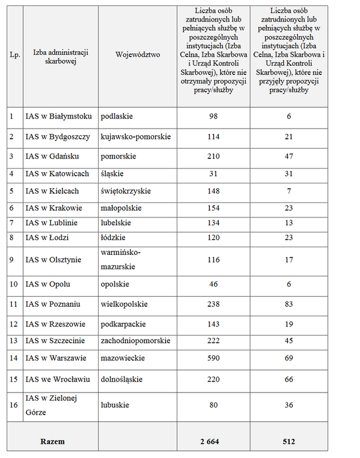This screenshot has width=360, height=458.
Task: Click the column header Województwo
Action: tap(138, 55)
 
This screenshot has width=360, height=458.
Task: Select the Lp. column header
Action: tap(15, 55)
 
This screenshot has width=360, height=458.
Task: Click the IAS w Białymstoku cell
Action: tap(58, 116)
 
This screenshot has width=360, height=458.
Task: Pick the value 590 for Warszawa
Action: tap(213, 358)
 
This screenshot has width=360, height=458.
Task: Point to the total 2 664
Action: tap(213, 441)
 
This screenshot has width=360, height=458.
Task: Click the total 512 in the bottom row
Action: tap(289, 441)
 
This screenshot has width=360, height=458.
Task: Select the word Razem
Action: tap(52, 441)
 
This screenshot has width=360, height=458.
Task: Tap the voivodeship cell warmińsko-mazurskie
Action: tap(123, 260)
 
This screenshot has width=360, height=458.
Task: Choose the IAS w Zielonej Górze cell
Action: tap(52, 404)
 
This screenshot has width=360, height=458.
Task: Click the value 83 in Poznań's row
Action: tap(289, 304)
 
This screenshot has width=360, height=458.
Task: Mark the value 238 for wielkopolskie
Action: tap(213, 304)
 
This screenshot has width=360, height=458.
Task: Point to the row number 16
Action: tap(12, 404)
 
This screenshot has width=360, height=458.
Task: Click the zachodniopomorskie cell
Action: tap(136, 341)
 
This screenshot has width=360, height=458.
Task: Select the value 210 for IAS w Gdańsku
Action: tap(213, 157)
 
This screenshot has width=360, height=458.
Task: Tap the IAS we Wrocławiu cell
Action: tap(58, 379)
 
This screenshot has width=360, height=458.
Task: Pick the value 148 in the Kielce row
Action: tap(213, 191)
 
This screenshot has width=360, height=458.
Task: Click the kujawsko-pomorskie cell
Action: tap(136, 136)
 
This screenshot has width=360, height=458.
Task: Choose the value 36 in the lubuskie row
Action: tap(289, 404)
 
